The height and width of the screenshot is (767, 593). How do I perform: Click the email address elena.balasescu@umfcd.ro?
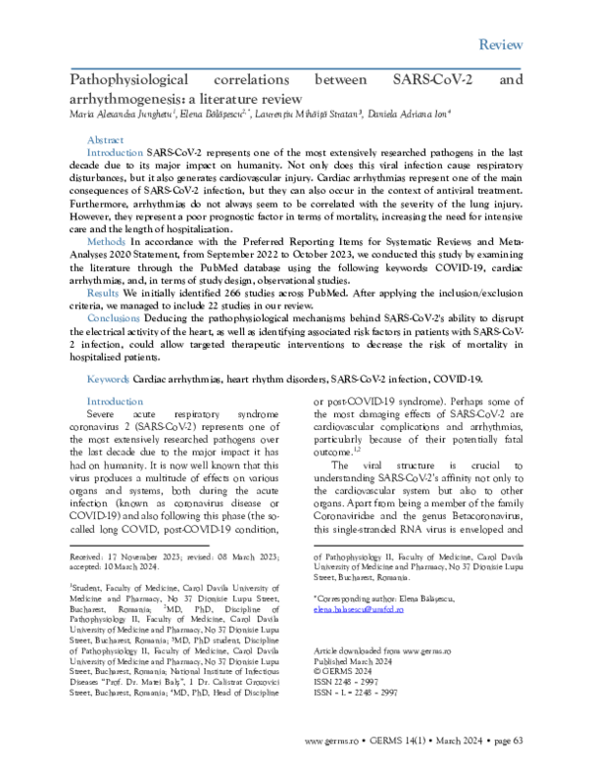[x=360, y=613]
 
